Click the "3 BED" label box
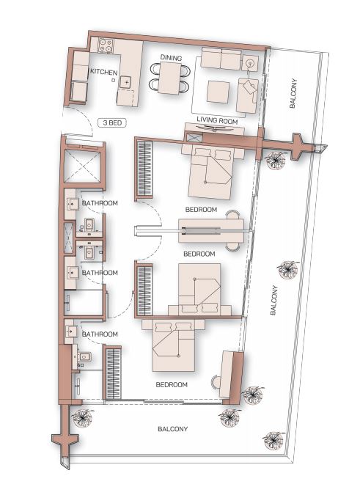[x=112, y=123]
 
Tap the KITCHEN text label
[x=103, y=72]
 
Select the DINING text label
[x=171, y=57]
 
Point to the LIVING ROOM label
[x=217, y=120]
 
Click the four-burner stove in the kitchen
[x=106, y=45]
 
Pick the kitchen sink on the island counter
[x=126, y=82]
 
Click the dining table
[x=169, y=78]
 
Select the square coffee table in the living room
[x=218, y=92]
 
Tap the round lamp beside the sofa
[x=249, y=64]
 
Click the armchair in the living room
[x=247, y=95]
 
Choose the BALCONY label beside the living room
[x=293, y=94]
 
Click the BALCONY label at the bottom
[x=173, y=429]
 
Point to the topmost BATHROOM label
[x=100, y=203]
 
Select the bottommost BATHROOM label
[x=100, y=334]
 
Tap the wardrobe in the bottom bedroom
[x=114, y=373]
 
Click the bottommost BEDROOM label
[x=172, y=385]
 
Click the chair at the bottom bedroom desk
[x=215, y=383]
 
